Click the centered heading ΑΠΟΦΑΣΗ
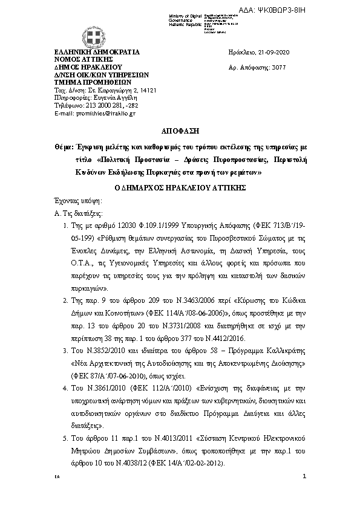click(x=180, y=131)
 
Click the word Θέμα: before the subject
click(x=64, y=146)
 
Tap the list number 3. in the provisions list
click(x=65, y=351)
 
